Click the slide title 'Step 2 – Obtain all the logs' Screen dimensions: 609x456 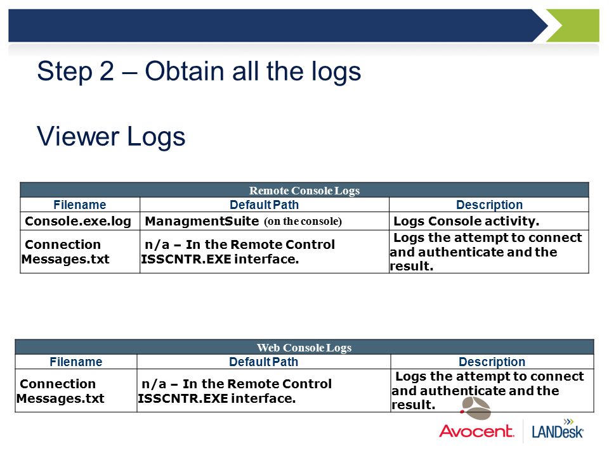pos(199,72)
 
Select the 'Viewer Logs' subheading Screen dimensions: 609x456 pos(111,137)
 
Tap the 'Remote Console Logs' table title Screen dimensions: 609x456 pos(304,191)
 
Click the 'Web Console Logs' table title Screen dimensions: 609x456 pos(304,348)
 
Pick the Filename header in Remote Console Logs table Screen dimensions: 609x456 pos(80,205)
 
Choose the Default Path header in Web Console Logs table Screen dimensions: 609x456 pos(264,362)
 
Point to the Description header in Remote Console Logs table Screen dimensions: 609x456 pos(489,205)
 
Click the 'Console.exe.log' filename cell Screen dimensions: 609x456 pos(78,221)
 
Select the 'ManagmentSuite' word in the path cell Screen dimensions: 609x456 pos(202,221)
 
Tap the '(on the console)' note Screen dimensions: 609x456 pos(303,222)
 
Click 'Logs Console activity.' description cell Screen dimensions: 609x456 pos(466,221)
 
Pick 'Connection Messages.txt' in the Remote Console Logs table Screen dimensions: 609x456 pos(65,251)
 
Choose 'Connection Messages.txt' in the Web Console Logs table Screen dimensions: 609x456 pos(60,391)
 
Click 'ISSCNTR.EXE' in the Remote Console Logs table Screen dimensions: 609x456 pos(186,259)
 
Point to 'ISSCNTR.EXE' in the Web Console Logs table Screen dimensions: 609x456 pos(183,398)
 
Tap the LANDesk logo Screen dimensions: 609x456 pos(558,429)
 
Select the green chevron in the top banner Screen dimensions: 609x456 pos(573,25)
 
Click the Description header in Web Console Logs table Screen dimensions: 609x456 pos(492,362)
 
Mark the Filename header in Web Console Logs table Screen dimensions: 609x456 pos(75,362)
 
